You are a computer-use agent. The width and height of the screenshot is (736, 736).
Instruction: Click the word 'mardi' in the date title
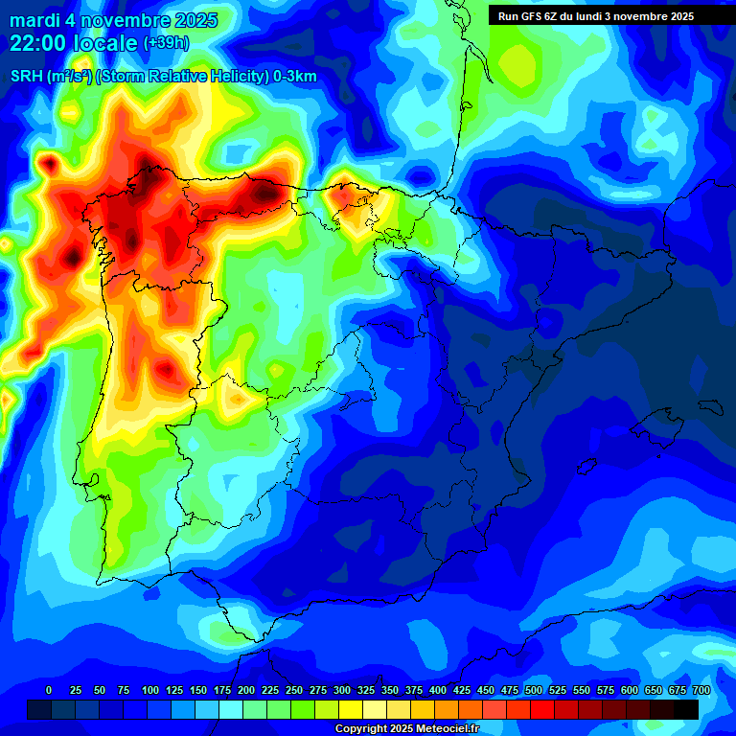tap(34, 20)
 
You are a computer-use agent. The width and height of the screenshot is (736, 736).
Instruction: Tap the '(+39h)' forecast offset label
tap(166, 43)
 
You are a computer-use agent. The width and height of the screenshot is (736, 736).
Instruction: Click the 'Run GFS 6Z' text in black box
tap(530, 16)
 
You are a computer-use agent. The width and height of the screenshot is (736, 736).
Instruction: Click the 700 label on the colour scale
tap(701, 690)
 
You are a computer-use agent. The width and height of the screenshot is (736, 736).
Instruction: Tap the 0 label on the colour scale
tap(49, 690)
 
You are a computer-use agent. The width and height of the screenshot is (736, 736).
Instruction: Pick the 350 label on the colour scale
tap(390, 690)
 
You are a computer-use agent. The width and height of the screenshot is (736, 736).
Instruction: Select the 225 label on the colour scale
tap(270, 690)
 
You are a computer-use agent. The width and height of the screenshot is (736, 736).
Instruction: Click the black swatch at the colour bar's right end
tap(686, 709)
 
